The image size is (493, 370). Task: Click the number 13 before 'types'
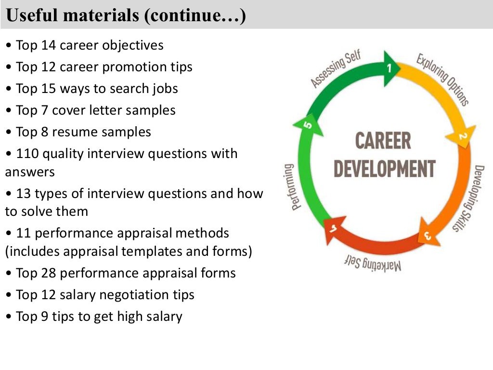(24, 194)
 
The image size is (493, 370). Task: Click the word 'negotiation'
(127, 295)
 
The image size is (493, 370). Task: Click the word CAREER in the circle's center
(383, 141)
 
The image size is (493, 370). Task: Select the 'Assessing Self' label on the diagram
(335, 69)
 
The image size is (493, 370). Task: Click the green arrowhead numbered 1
(390, 68)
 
